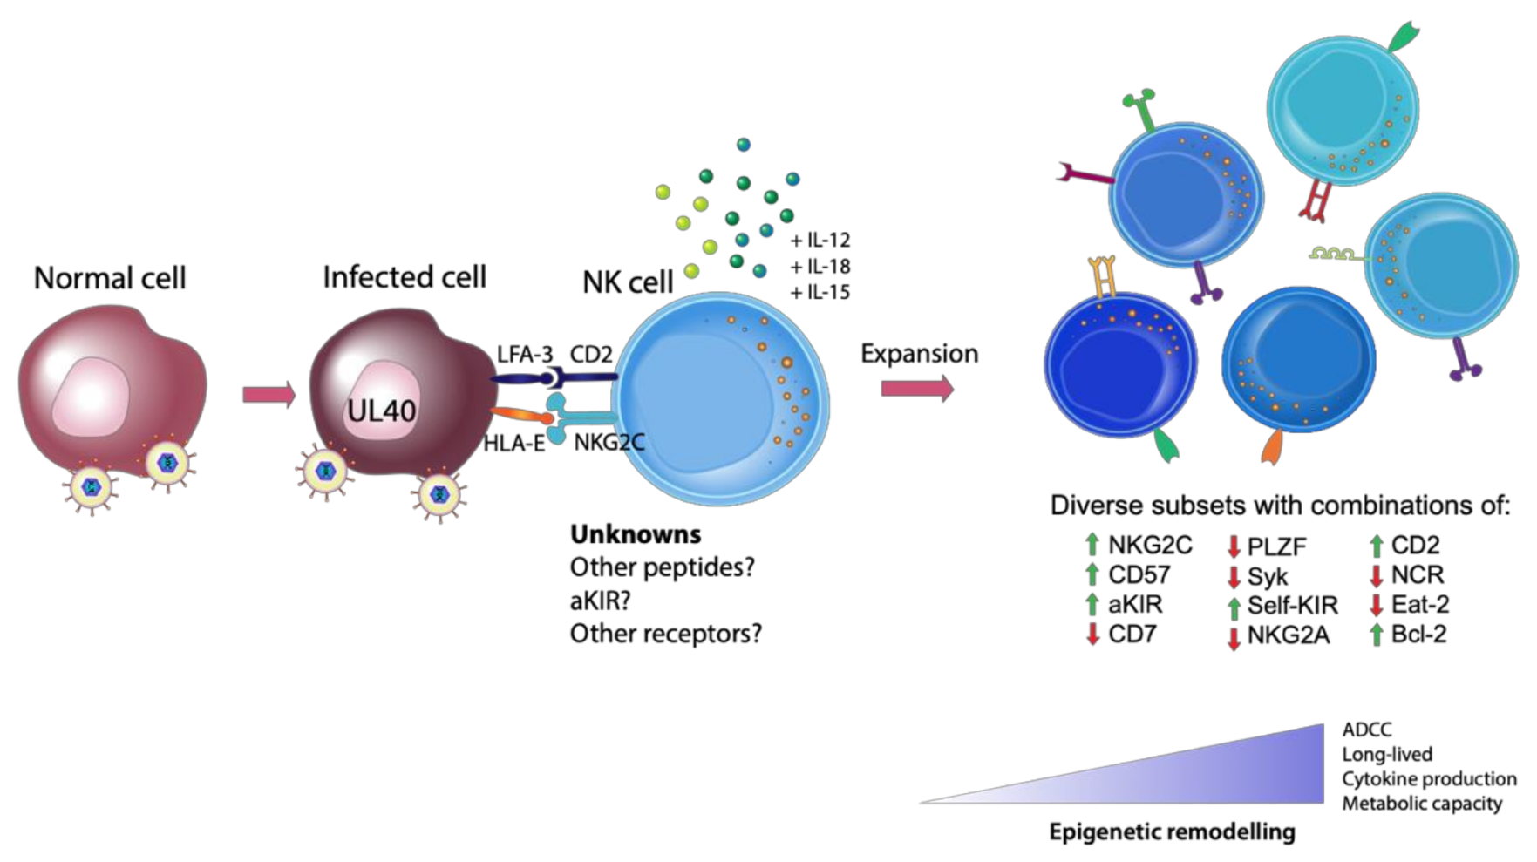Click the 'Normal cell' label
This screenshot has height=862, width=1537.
tap(110, 278)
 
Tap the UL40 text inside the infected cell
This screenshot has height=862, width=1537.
tap(381, 411)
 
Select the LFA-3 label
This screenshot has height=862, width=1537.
tap(525, 355)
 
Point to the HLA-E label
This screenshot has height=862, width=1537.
tap(514, 444)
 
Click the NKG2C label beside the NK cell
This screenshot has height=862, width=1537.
tap(609, 443)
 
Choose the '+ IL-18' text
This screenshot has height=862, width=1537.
tap(820, 266)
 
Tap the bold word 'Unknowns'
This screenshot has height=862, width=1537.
tap(636, 534)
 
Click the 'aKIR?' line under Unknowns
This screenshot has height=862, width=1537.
tap(600, 601)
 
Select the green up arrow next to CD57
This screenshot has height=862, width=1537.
tap(1092, 574)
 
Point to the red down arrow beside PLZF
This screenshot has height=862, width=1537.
tap(1234, 547)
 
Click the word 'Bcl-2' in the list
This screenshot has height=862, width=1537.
tap(1418, 634)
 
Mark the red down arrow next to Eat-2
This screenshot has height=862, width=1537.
tap(1377, 604)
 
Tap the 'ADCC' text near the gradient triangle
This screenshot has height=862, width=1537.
tap(1367, 730)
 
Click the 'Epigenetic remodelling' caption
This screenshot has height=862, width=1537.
tap(1172, 832)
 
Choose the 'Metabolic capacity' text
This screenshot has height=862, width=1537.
tap(1422, 804)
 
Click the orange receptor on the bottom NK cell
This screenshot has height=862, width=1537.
tap(1272, 445)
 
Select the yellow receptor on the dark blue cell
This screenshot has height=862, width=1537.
tap(1103, 276)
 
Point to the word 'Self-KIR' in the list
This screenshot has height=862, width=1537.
tap(1292, 605)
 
